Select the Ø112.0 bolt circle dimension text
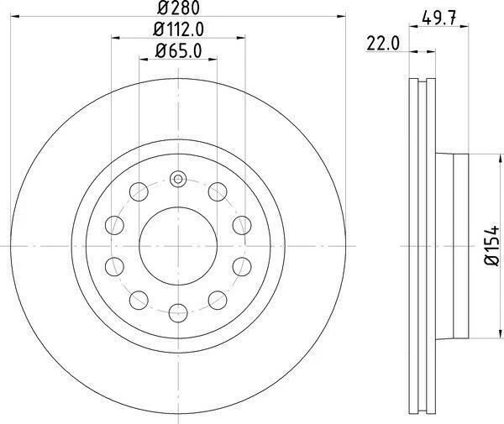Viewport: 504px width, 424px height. [179, 31]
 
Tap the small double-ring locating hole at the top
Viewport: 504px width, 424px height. [176, 179]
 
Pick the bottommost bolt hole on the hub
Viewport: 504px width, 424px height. [176, 312]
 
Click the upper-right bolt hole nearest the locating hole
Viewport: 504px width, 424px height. [217, 191]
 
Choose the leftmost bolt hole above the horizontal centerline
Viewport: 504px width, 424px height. [112, 223]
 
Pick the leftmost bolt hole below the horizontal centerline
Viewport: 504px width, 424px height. [112, 267]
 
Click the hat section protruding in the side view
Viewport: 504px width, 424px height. [454, 245]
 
